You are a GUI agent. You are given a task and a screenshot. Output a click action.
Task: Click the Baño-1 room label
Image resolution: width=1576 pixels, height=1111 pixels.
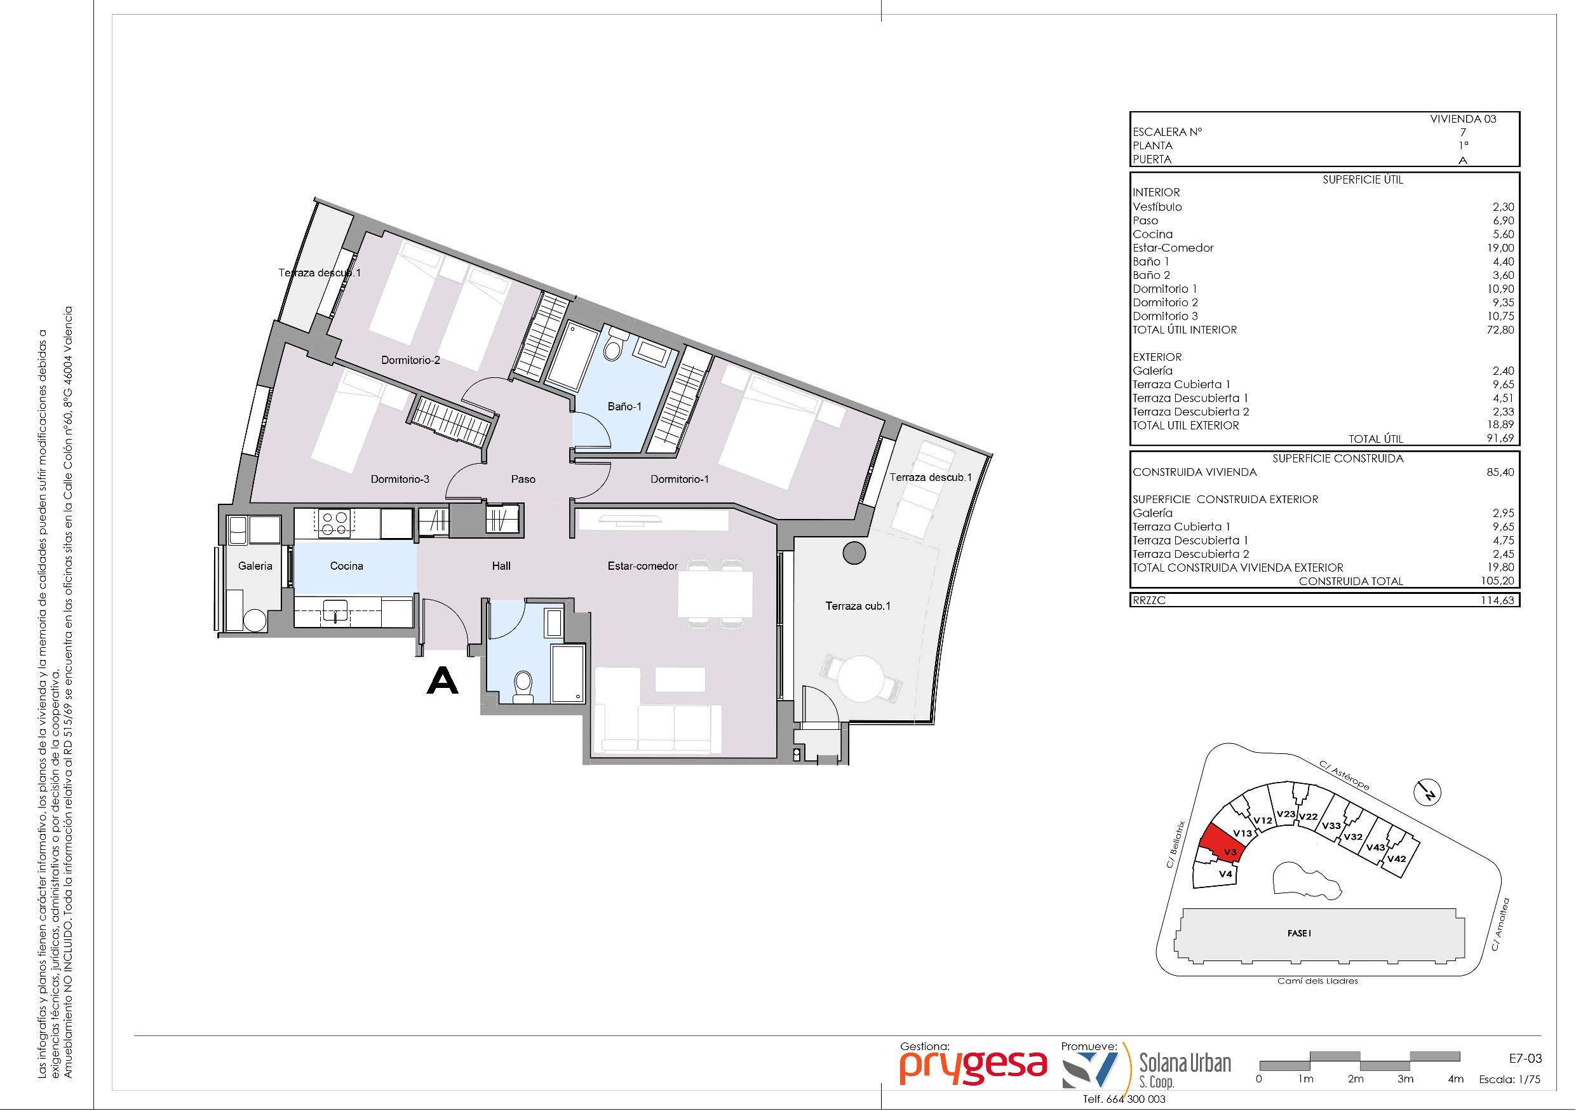624,407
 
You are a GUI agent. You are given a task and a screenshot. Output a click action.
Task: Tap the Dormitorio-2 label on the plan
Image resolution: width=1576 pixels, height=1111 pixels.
410,360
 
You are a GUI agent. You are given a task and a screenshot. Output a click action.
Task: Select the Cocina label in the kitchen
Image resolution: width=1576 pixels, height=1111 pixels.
346,566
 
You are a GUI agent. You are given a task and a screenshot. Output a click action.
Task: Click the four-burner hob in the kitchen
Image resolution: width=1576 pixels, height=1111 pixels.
333,523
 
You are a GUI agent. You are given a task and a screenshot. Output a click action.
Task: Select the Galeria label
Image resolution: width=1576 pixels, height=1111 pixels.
255,566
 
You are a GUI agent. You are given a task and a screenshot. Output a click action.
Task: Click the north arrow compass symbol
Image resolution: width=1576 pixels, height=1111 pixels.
1428,793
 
